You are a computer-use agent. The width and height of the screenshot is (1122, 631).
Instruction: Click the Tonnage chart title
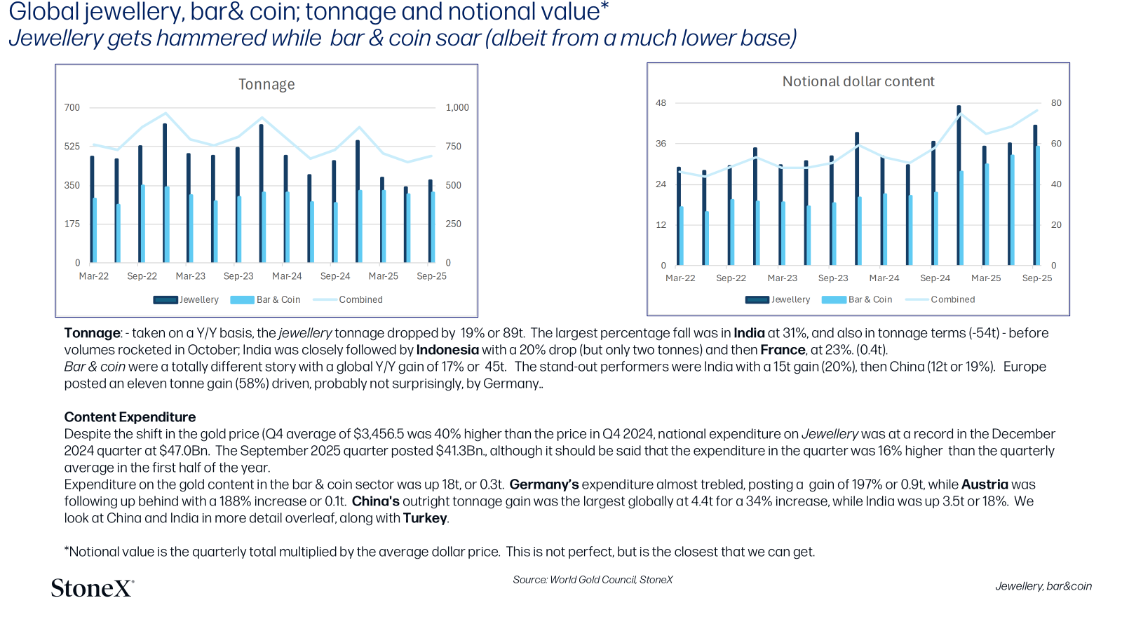coord(266,84)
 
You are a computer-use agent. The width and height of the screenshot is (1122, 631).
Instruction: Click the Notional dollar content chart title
coord(858,81)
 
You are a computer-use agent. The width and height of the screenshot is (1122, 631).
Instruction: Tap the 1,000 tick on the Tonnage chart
coord(457,108)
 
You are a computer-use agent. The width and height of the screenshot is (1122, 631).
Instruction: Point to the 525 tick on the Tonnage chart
coord(72,147)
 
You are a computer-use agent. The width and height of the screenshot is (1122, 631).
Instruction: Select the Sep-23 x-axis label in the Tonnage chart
coord(238,276)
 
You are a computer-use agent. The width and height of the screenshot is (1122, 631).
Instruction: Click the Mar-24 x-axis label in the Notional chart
coord(884,278)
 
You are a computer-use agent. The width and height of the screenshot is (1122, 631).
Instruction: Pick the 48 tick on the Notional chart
coord(661,103)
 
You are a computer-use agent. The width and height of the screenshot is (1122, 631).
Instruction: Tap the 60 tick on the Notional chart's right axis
coord(1056,144)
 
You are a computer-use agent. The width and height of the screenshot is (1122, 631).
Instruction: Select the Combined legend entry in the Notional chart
coord(940,299)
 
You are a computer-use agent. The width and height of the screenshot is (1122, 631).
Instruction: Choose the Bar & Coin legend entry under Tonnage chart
coord(265,299)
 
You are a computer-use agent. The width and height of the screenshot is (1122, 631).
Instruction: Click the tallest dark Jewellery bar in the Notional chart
coord(959,185)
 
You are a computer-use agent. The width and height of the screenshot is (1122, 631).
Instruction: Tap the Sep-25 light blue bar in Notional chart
coord(1037,205)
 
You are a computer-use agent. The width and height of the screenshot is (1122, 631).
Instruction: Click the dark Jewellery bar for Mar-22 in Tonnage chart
coord(92,210)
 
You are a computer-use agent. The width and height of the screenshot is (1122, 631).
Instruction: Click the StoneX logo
coord(93,588)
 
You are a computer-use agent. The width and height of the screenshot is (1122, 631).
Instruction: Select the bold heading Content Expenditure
coord(130,417)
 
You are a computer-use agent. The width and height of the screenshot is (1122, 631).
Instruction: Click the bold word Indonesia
coord(447,350)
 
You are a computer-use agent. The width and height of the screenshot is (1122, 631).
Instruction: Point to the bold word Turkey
coord(425,518)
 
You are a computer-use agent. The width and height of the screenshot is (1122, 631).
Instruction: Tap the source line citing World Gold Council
coord(593,579)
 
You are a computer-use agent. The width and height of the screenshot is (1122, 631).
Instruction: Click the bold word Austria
coord(985,484)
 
